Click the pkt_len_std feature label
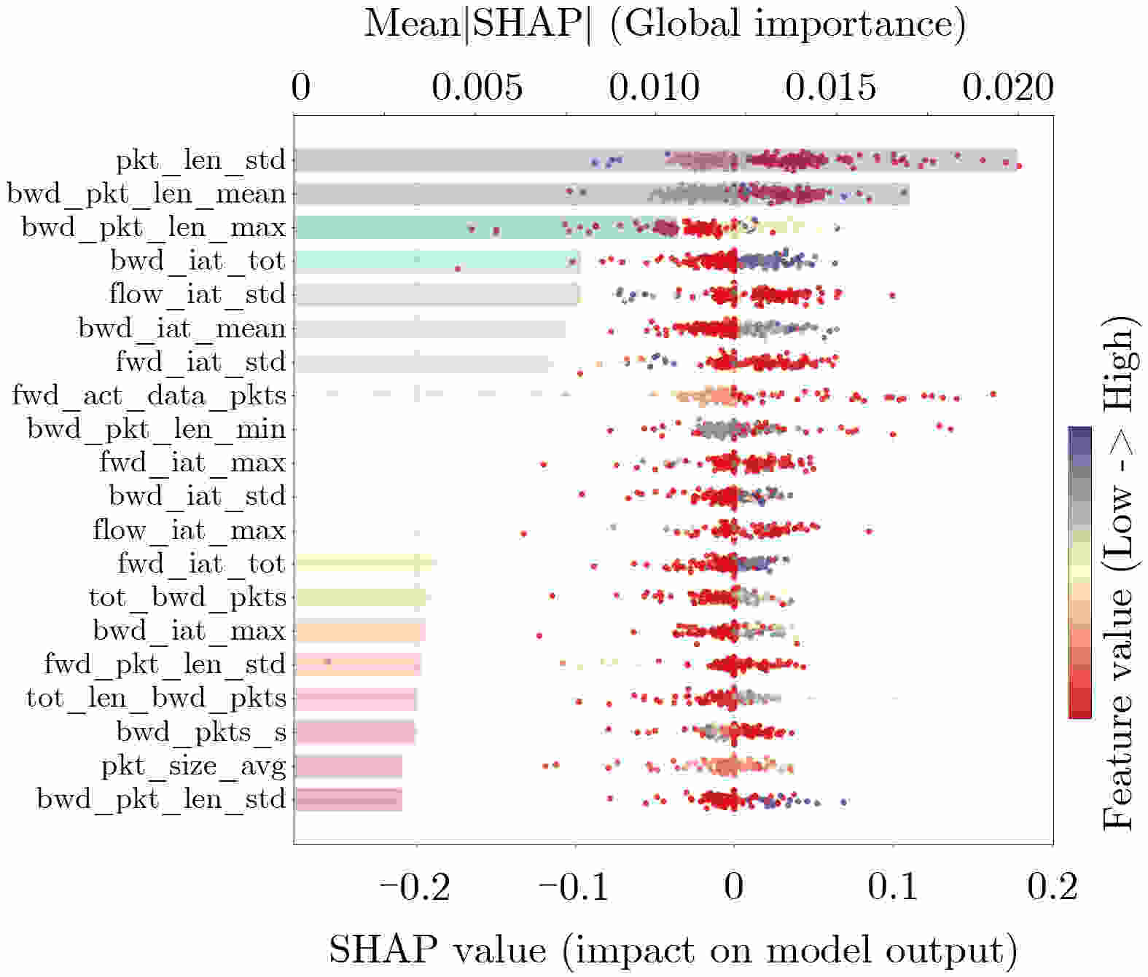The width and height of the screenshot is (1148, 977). [x=200, y=160]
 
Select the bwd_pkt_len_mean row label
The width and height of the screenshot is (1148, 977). [x=146, y=194]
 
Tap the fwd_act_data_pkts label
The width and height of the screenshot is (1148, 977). [x=149, y=396]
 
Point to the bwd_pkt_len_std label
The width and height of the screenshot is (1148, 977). [x=161, y=799]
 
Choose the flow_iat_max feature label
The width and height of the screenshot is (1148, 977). [x=189, y=530]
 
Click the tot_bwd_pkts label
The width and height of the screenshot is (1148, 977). [x=187, y=597]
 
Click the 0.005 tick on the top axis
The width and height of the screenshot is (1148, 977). [x=477, y=87]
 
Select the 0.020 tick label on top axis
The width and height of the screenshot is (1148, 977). [x=1007, y=87]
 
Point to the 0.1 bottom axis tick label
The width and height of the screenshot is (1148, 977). [x=893, y=887]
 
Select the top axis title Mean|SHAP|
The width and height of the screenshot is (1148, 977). [x=665, y=23]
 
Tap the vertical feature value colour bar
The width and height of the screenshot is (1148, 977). [x=1079, y=573]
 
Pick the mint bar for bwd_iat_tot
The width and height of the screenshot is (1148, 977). [x=437, y=261]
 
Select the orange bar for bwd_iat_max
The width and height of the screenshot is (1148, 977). [x=360, y=631]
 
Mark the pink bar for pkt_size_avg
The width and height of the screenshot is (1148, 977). [x=348, y=766]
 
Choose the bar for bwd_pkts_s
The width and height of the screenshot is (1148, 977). [x=355, y=731]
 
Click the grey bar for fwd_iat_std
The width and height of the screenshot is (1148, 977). [x=422, y=362]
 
